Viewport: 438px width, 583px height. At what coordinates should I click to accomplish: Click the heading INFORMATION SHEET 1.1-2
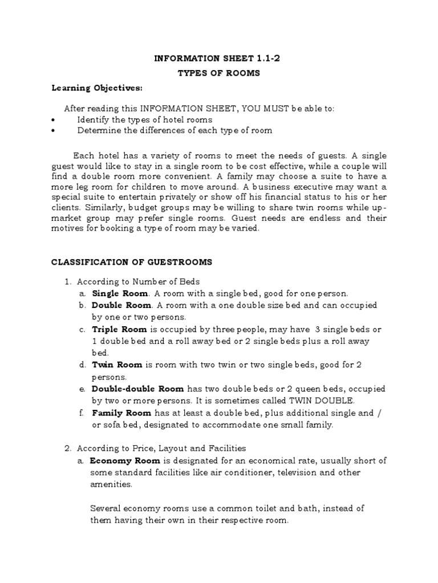[219, 58]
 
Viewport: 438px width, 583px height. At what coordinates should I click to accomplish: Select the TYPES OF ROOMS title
[219, 73]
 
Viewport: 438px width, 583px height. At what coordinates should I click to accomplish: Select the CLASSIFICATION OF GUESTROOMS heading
[132, 262]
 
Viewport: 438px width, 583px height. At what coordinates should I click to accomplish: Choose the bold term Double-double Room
[138, 389]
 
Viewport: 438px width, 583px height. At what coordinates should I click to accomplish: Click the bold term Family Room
[121, 413]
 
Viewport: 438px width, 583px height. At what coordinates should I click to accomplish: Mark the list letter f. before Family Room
[82, 413]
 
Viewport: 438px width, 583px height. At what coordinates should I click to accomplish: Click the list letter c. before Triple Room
[83, 329]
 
